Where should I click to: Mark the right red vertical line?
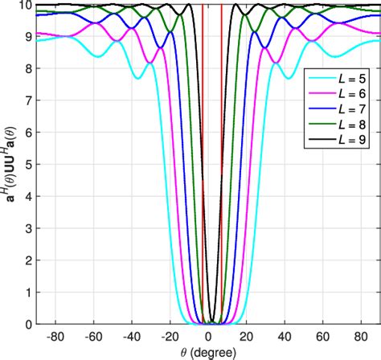(x=222, y=161)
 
